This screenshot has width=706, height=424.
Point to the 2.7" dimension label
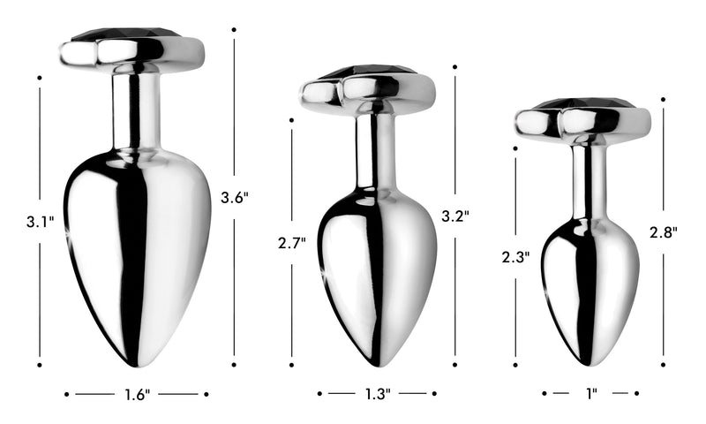(x=291, y=242)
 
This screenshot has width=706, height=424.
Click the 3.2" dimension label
(x=455, y=215)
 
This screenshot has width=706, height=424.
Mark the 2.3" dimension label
(x=514, y=257)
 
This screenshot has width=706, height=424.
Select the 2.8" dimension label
(x=663, y=233)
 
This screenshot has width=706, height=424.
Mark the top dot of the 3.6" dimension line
(x=234, y=30)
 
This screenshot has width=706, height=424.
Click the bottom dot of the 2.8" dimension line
(x=663, y=361)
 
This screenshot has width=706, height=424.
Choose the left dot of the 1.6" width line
(x=67, y=394)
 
